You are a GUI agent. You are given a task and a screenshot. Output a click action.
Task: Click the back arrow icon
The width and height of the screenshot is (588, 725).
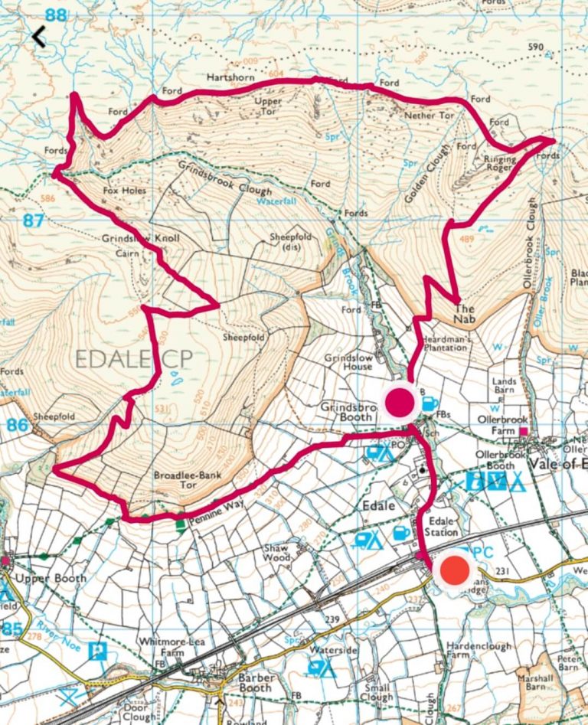point(38,36)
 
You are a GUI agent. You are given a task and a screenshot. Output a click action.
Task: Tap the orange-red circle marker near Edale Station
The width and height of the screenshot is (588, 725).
point(455,571)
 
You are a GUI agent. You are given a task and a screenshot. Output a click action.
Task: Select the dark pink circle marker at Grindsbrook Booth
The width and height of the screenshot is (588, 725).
point(399,402)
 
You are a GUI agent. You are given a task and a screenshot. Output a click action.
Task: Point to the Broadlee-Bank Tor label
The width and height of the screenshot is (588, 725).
point(188,480)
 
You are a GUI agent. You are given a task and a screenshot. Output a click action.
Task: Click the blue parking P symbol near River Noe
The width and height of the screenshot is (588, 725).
point(97,652)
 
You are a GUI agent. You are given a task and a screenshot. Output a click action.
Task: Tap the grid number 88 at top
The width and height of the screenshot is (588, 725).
point(56,15)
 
